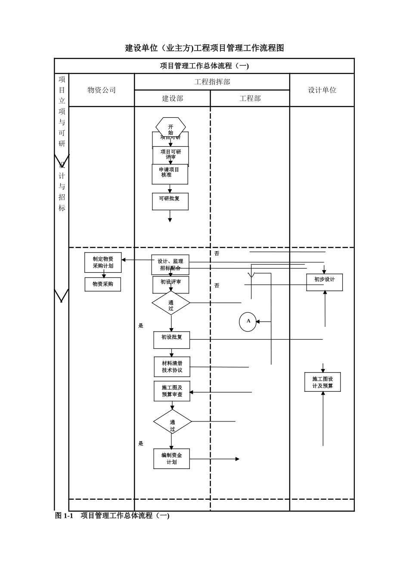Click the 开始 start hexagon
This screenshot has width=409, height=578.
170,127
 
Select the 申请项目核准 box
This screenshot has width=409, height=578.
170,174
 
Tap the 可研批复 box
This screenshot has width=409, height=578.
170,201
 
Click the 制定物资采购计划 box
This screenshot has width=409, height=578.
103,262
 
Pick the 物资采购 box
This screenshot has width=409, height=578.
102,284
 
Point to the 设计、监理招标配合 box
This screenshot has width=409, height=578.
170,264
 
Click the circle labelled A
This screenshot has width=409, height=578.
248,322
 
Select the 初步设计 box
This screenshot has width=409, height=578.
324,282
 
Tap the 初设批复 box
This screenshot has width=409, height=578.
171,340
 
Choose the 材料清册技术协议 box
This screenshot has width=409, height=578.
172,366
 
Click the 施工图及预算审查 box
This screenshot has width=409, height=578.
172,391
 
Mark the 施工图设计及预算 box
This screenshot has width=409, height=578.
322,382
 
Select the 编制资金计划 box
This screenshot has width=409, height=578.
171,458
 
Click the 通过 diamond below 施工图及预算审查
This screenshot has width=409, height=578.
172,421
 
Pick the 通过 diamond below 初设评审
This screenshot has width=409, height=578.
171,303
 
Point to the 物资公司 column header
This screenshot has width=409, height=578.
102,90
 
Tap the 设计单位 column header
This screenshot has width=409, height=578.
322,90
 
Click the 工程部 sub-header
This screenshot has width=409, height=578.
250,98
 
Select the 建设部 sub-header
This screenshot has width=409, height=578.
172,98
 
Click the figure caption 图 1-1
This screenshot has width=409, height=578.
64,516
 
